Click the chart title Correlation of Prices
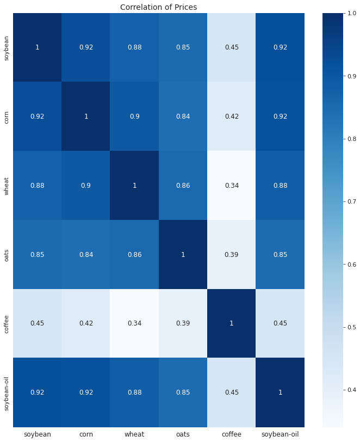pos(158,7)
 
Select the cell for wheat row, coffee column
pos(232,185)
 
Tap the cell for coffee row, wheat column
pos(134,323)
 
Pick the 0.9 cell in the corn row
pos(134,116)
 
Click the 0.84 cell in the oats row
pos(86,254)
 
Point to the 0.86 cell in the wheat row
pos(183,185)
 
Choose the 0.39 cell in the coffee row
pos(183,323)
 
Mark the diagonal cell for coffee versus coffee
pos(232,323)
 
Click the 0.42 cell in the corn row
pos(232,116)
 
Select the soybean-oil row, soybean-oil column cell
pos(280,392)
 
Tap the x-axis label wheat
pos(134,434)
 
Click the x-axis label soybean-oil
pos(280,434)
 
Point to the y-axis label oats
pos(6,254)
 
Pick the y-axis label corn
pos(6,116)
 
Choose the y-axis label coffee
pos(6,323)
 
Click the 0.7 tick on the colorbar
pos(348,201)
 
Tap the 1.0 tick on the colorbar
pos(348,13)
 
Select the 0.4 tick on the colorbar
pos(348,390)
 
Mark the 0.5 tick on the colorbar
pos(348,327)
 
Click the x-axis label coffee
pos(232,434)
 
